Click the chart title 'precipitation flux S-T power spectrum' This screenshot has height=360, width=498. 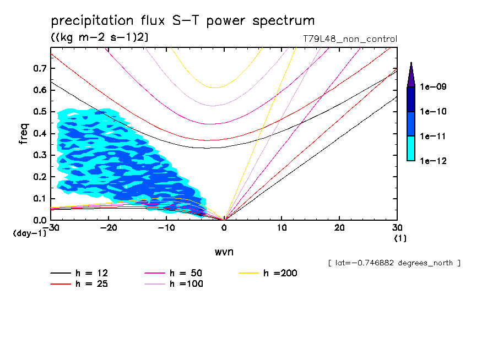[183, 21]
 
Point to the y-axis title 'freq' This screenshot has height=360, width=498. [24, 134]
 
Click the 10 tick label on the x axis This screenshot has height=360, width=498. [282, 227]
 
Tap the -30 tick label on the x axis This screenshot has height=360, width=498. [51, 227]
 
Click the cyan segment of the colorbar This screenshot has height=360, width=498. [411, 148]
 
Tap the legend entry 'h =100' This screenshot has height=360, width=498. [187, 284]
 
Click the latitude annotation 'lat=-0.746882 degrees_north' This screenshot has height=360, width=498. [394, 263]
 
